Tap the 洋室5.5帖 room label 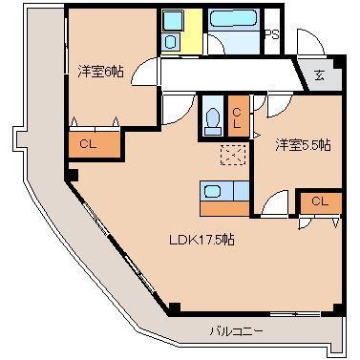click(x=303, y=144)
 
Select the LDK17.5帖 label click(x=202, y=240)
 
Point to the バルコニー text click(x=236, y=331)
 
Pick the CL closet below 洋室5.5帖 click(x=320, y=201)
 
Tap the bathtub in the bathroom click(x=234, y=19)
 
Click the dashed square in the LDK click(x=232, y=155)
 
